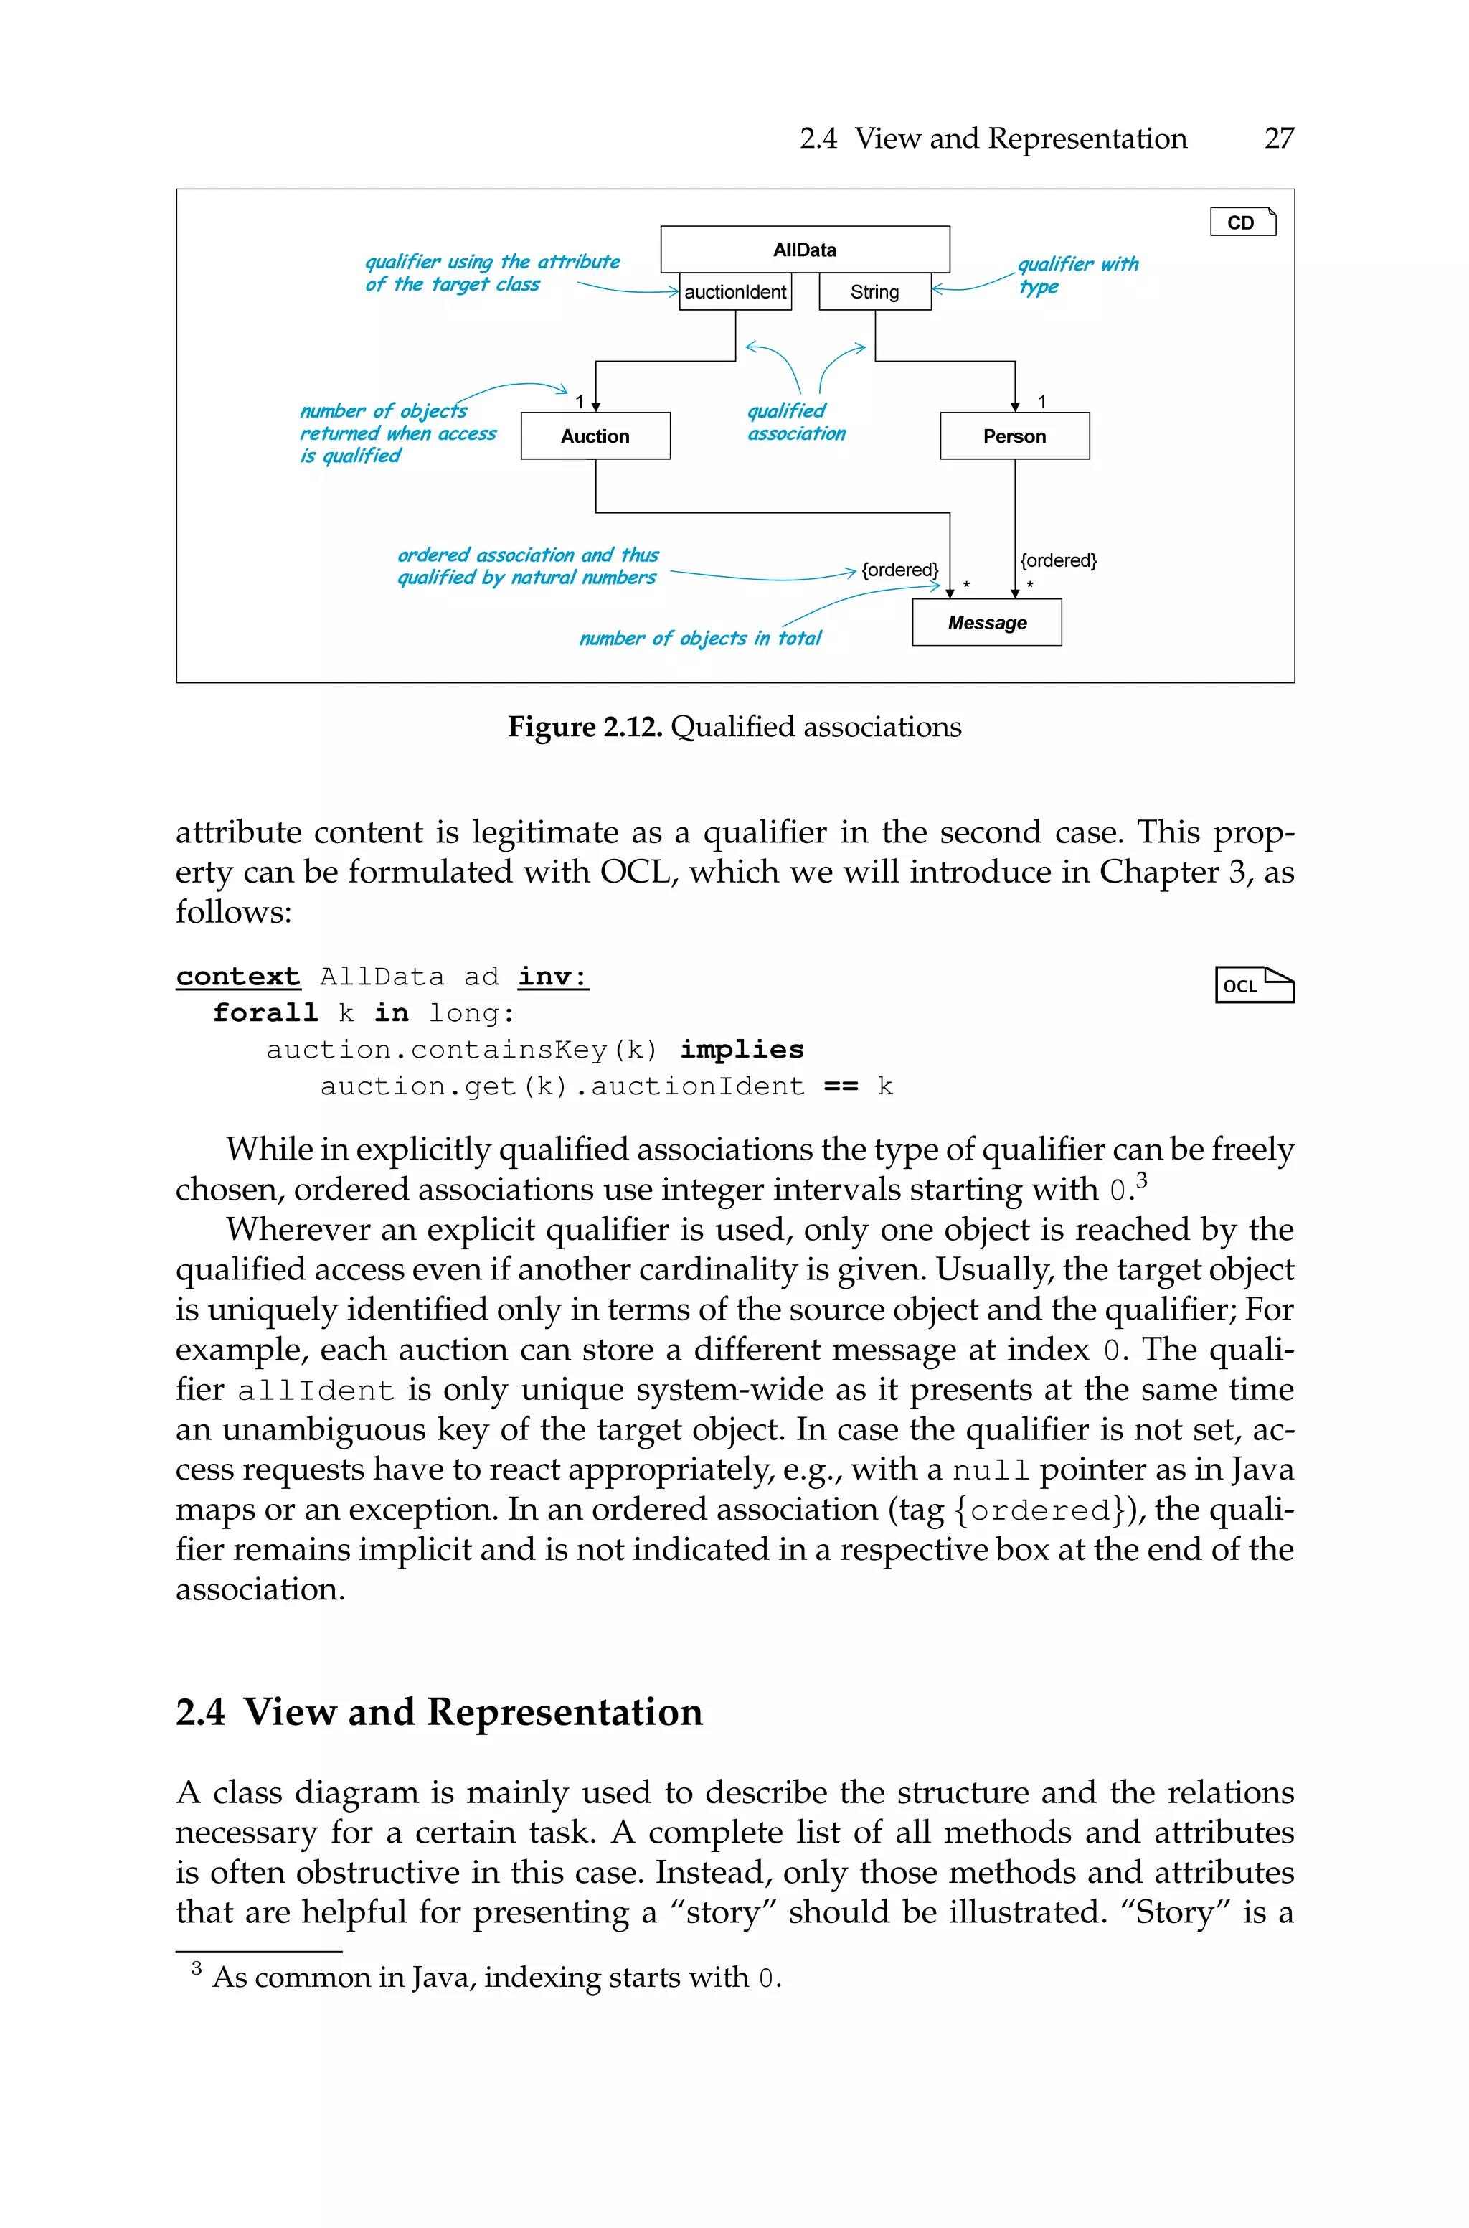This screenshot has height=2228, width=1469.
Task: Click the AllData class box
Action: coord(805,249)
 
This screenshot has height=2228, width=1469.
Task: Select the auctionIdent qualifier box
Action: coord(735,291)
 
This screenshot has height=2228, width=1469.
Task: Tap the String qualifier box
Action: coord(874,291)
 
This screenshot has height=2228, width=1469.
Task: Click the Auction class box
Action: coord(595,436)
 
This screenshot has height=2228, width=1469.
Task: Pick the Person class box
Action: coord(1015,436)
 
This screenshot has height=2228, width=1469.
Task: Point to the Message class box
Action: coord(986,622)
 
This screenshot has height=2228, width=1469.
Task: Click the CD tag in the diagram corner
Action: coord(1242,222)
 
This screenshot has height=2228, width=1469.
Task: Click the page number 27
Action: coord(1278,138)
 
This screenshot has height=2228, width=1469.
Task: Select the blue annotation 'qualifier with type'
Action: coord(1077,275)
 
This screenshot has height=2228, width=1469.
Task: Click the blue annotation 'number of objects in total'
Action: coord(700,638)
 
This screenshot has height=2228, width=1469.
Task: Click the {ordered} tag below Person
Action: coord(1058,560)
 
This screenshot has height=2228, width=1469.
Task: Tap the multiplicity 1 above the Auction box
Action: coord(579,401)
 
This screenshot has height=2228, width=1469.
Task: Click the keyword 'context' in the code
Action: coord(238,977)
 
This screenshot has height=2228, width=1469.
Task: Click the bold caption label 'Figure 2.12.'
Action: coord(585,727)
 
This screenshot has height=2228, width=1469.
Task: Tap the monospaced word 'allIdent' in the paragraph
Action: coord(315,1391)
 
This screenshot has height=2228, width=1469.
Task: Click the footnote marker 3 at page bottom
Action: coord(197,1968)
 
